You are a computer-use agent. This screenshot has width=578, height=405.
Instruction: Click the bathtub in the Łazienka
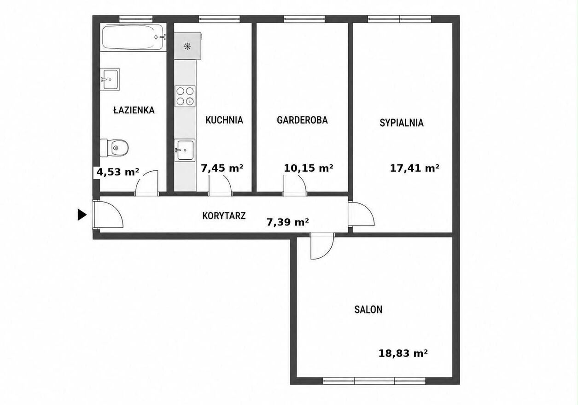[x=133, y=37]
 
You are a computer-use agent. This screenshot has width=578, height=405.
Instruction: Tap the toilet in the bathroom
[x=114, y=148]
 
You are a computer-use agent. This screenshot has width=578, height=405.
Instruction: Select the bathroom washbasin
[x=110, y=79]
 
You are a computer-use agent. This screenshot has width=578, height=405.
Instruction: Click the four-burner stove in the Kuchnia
[x=185, y=96]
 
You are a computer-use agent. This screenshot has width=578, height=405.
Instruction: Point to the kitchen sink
[x=185, y=150]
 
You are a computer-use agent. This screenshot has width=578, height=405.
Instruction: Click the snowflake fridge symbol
[x=187, y=46]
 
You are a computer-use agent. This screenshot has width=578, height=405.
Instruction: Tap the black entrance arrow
[x=82, y=215]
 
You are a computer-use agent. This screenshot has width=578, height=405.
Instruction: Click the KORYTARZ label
[x=224, y=216]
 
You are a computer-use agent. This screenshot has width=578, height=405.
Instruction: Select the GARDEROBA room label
[x=302, y=120]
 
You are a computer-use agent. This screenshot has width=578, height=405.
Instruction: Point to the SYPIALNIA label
[x=402, y=123]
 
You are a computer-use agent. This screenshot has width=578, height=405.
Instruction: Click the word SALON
[x=368, y=309]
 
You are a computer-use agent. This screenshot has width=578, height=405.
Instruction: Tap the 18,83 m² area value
[x=403, y=353]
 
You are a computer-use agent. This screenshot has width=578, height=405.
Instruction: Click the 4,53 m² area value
[x=117, y=172]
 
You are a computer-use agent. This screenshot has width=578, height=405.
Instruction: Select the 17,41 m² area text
[x=415, y=168]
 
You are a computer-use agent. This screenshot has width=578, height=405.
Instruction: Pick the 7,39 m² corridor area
[x=288, y=222]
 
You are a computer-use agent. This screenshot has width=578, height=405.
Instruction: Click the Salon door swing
[x=322, y=246]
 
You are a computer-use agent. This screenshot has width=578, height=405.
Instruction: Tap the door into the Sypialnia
[x=361, y=214]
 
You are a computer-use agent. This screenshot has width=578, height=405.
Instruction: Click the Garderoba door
[x=295, y=185]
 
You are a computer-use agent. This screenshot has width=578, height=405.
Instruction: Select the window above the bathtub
[x=136, y=19]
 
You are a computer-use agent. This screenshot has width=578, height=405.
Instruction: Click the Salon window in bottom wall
[x=374, y=381]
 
